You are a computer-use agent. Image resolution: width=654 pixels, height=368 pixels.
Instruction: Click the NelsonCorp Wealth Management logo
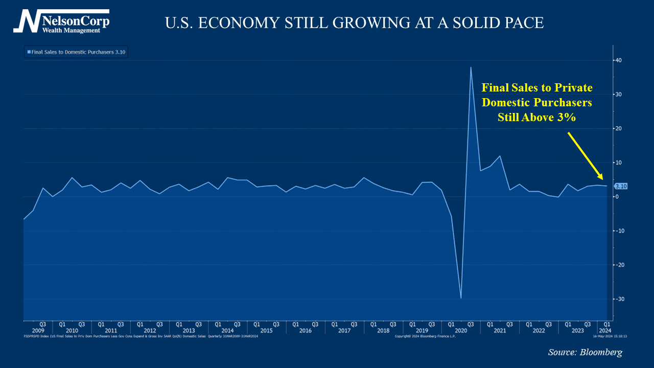coord(61,21)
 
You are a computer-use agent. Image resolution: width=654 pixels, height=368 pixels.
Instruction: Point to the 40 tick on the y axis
coord(618,60)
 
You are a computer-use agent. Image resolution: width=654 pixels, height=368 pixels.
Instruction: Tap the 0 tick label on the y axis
coord(617,197)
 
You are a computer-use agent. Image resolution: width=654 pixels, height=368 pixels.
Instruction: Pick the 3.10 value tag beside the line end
coord(621,187)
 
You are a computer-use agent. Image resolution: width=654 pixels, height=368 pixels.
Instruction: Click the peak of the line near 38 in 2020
coord(471,67)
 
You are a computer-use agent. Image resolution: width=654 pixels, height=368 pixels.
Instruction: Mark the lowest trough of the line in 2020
coord(461,298)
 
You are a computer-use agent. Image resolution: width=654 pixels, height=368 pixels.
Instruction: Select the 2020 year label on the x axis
coord(461,331)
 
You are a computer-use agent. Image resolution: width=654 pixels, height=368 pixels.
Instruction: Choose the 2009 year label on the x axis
coord(38,331)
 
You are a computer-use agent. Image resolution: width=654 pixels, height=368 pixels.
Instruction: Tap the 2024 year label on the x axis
coord(606,331)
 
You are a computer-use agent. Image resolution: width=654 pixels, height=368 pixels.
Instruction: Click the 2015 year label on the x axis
coord(266,331)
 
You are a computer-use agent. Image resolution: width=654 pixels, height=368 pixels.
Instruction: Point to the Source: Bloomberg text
coord(585,352)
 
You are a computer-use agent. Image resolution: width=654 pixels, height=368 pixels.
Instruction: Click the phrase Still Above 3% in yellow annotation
coord(536,117)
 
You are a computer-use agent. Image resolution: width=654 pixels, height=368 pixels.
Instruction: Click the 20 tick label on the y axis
coord(618,128)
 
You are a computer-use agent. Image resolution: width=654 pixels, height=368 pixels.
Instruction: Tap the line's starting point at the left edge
coord(24,219)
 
